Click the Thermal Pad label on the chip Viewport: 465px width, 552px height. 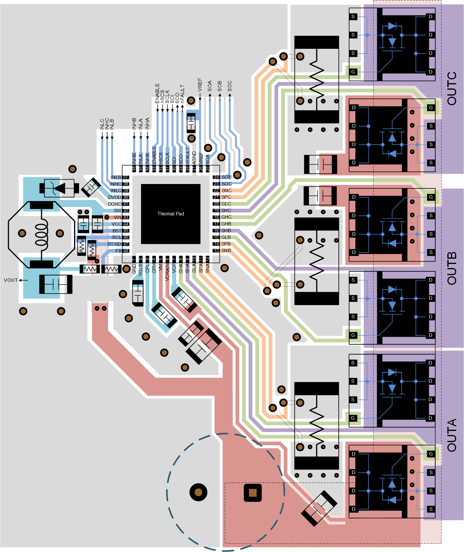[x=170, y=214]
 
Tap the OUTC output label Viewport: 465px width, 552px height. [x=452, y=88]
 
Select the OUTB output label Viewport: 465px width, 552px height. [x=452, y=268]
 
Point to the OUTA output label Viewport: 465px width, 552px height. [x=452, y=435]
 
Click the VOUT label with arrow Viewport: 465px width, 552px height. [x=11, y=280]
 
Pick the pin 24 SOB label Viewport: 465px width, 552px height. [x=226, y=177]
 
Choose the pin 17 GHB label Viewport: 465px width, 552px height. [x=226, y=224]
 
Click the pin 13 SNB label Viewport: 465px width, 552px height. [x=226, y=250]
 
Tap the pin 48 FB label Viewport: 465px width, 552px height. [x=118, y=251]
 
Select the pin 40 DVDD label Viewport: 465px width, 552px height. [x=115, y=197]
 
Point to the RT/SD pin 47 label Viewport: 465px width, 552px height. [x=114, y=244]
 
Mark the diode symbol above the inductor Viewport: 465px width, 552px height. [x=59, y=188]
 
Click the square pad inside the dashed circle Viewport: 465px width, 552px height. [x=252, y=493]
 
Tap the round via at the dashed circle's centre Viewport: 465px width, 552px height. [x=198, y=492]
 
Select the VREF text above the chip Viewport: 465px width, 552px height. [x=200, y=85]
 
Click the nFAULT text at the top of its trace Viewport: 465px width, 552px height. [x=182, y=93]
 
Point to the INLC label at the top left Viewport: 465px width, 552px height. [x=102, y=124]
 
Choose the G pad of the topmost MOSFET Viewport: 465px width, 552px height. [x=353, y=72]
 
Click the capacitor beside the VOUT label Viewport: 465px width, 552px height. [x=56, y=284]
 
